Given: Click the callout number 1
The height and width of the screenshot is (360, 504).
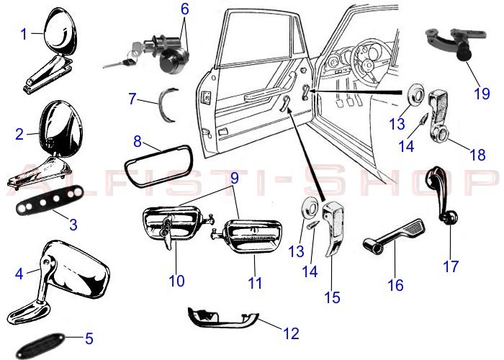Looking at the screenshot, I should (x=24, y=33).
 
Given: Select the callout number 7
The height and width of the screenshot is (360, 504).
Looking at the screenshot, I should (x=132, y=98).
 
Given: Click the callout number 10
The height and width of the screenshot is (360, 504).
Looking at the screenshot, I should (x=177, y=280).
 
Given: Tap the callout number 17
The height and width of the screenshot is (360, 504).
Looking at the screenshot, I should (x=451, y=266).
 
